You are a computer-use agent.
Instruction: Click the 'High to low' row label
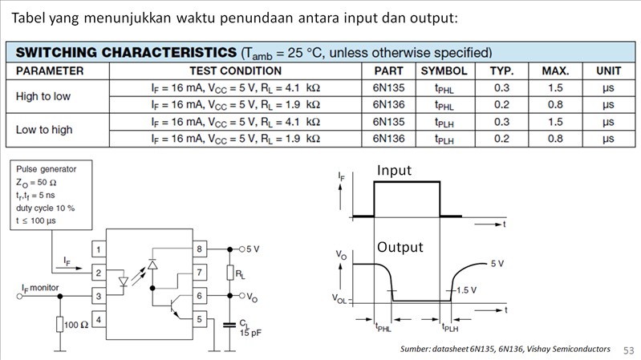click(x=43, y=96)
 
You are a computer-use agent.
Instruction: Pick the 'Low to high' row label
click(x=44, y=130)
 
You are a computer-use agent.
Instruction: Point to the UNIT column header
click(x=608, y=71)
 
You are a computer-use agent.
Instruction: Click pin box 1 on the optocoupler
click(x=99, y=249)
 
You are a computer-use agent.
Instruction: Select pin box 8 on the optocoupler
click(x=198, y=249)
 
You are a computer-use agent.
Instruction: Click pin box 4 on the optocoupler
click(x=99, y=320)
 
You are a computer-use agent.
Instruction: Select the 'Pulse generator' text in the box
click(x=47, y=169)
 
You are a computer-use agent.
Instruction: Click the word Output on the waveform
click(x=400, y=247)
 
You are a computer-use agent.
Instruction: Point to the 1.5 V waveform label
click(x=468, y=289)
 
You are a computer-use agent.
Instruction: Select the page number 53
click(x=628, y=350)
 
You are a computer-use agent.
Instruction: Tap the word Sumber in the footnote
click(x=418, y=350)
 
